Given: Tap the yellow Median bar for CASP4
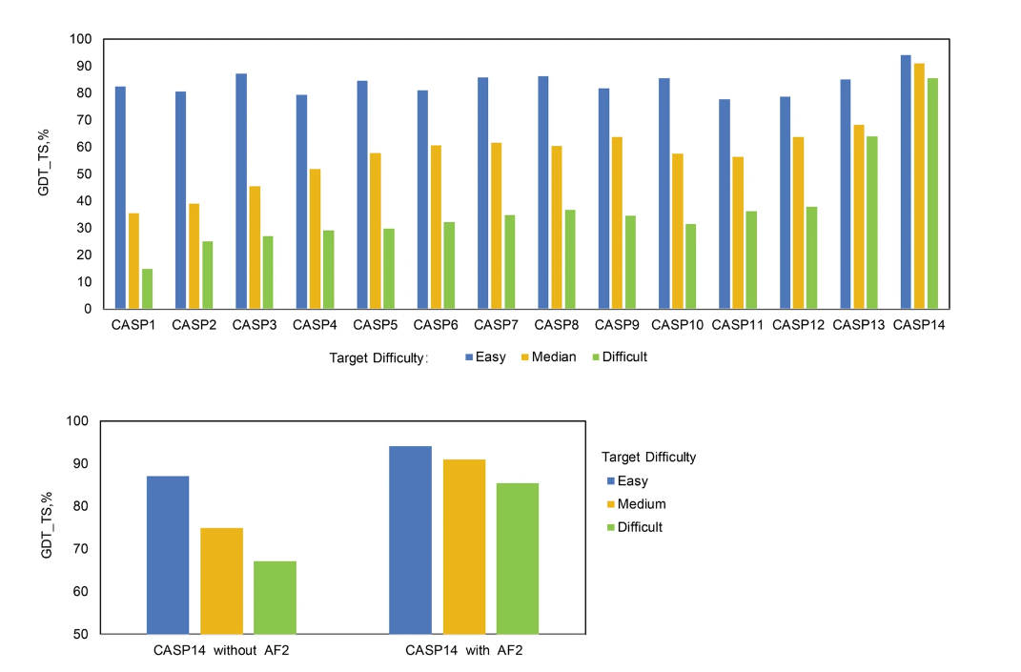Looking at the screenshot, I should (315, 238).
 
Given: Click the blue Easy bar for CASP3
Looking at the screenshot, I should (241, 191).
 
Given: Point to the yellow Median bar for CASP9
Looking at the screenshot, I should (617, 223).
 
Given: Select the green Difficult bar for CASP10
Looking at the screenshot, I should (691, 266).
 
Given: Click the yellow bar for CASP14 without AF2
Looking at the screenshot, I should (221, 580).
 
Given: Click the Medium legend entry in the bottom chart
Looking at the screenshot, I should (641, 504).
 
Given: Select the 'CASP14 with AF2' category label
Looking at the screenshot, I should (464, 652).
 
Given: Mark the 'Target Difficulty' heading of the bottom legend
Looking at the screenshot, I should (648, 458).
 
